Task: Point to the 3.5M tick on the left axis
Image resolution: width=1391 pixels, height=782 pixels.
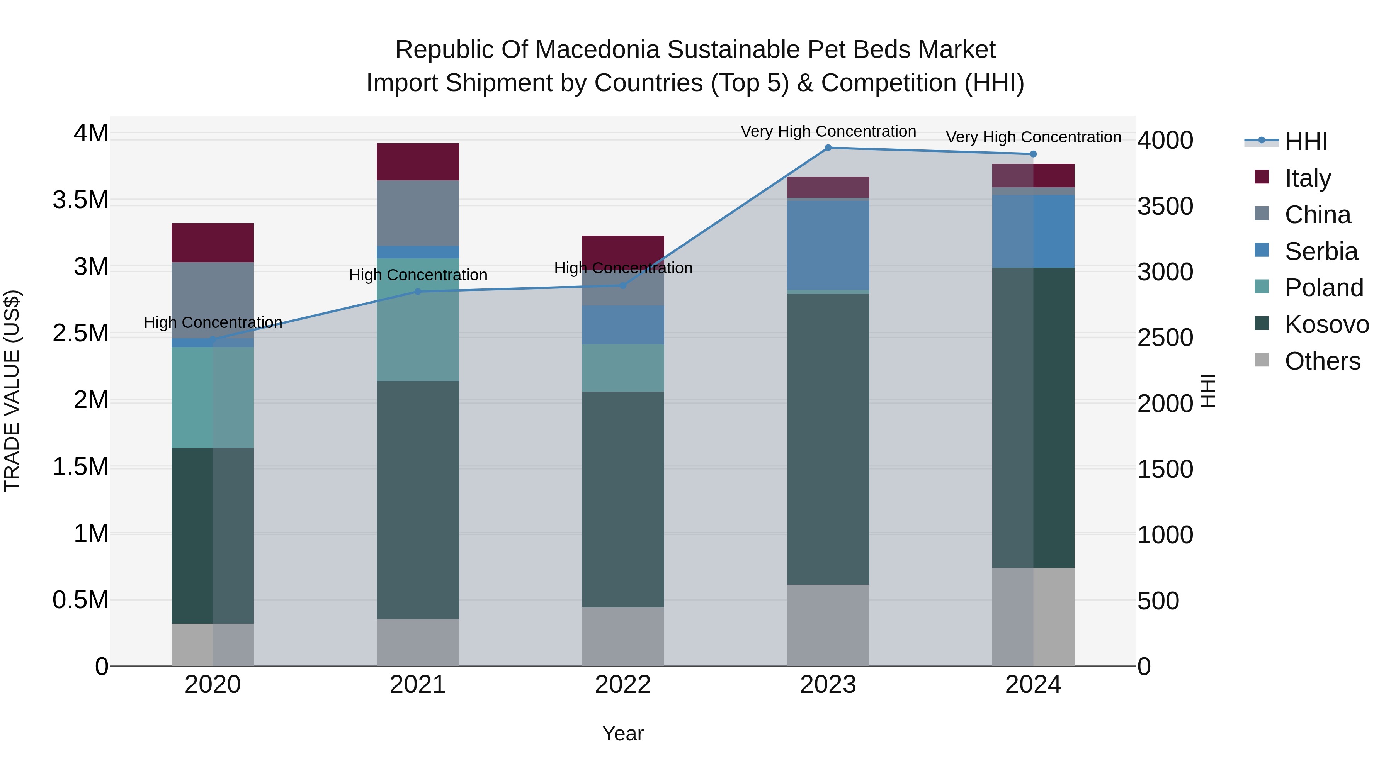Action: click(x=80, y=200)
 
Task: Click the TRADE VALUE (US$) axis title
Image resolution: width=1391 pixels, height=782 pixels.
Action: click(x=12, y=391)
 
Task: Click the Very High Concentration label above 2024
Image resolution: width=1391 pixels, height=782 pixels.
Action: click(x=1033, y=137)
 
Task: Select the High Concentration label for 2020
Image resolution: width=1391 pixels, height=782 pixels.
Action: click(x=213, y=322)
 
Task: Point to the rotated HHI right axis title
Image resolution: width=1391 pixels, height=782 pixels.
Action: click(x=1207, y=391)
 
